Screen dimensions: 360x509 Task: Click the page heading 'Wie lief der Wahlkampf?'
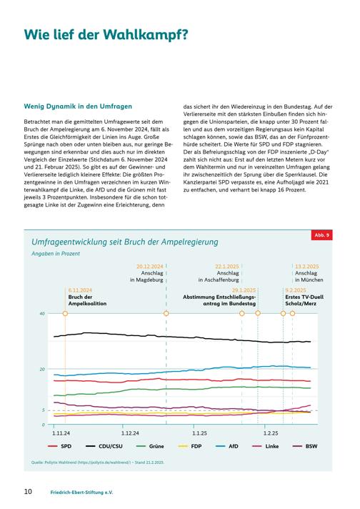(106, 35)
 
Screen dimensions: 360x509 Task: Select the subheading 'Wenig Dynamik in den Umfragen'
(78, 107)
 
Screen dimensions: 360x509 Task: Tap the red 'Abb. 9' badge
(321, 234)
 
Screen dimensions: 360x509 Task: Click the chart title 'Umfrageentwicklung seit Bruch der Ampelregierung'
(125, 242)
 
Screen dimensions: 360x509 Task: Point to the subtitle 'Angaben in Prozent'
(56, 254)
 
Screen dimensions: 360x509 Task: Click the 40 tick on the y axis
(42, 314)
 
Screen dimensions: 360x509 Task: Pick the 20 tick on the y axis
(42, 369)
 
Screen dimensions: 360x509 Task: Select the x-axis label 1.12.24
(130, 433)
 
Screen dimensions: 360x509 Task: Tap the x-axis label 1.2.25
(271, 433)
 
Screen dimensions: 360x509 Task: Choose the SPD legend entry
(60, 446)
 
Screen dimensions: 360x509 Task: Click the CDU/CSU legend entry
(104, 446)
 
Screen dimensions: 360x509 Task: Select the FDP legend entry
(190, 446)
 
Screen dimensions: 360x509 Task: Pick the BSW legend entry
(305, 446)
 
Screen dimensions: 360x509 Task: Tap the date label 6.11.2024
(80, 290)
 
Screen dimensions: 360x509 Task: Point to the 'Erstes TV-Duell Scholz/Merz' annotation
(304, 300)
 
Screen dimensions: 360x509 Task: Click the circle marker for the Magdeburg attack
(166, 313)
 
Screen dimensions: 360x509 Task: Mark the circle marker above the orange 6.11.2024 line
(65, 313)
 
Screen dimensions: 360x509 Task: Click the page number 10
(29, 491)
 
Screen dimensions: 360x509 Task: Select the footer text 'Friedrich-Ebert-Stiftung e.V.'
(81, 492)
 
